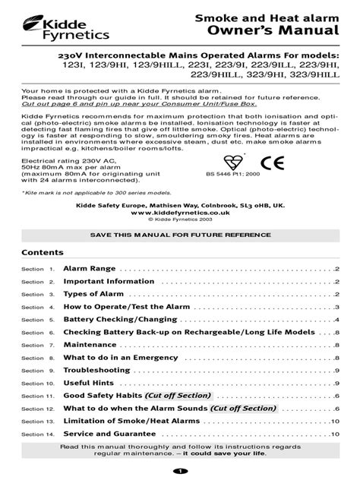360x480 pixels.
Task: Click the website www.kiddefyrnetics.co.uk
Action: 179,213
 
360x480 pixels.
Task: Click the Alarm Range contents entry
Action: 89,270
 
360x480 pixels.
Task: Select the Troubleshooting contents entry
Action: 96,370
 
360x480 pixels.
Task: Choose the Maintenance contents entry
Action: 90,345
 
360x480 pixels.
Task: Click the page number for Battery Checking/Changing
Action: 336,320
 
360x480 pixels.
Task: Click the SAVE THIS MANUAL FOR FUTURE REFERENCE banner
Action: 179,236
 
